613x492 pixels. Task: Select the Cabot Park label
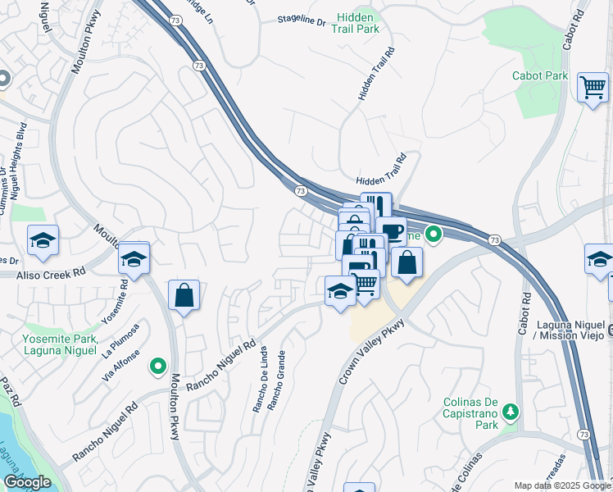540,75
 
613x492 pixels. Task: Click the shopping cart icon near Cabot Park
593,85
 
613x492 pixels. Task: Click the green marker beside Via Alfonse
157,366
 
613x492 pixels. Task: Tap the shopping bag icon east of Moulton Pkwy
184,294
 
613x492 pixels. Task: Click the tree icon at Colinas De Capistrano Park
511,410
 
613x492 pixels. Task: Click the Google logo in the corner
28,481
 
